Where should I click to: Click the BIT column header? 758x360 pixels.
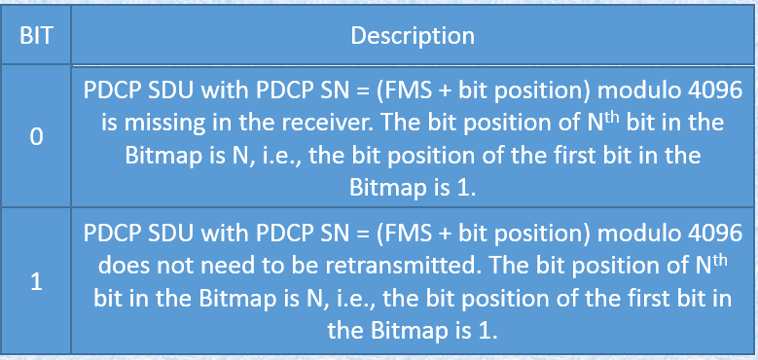click(36, 37)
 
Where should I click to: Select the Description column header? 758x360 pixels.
click(413, 37)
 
